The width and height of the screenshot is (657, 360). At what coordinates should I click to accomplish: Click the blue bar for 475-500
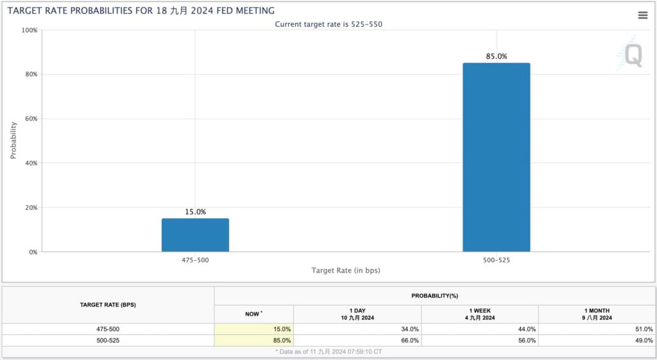pos(195,235)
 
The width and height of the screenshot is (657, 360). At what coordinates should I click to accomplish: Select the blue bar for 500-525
pos(496,157)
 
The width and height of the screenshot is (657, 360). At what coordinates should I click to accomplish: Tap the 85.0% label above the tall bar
pos(496,56)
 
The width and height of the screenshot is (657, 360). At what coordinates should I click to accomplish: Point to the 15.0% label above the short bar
pos(195,212)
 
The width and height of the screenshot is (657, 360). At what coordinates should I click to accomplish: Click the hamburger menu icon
pos(642,15)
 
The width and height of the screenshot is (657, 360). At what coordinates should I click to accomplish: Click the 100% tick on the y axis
pos(29,30)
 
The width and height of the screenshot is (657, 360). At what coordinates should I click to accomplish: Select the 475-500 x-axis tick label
pos(195,260)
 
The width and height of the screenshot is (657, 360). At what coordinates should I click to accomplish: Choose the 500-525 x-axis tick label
pos(496,260)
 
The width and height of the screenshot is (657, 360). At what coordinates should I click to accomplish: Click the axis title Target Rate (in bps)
pos(345,271)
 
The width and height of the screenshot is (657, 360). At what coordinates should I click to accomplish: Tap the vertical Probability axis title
pos(13,141)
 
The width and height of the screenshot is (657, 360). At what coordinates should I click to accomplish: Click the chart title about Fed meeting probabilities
pos(141,11)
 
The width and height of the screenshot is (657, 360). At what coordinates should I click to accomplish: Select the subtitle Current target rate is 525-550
pos(329,24)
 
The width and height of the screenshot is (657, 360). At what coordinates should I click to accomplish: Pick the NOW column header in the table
pos(253,314)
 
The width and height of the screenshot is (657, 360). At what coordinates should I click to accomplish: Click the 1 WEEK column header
pos(479,314)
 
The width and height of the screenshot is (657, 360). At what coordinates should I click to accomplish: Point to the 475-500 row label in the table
pos(108,329)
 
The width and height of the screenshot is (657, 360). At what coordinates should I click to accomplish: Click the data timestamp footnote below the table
pos(328,352)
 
